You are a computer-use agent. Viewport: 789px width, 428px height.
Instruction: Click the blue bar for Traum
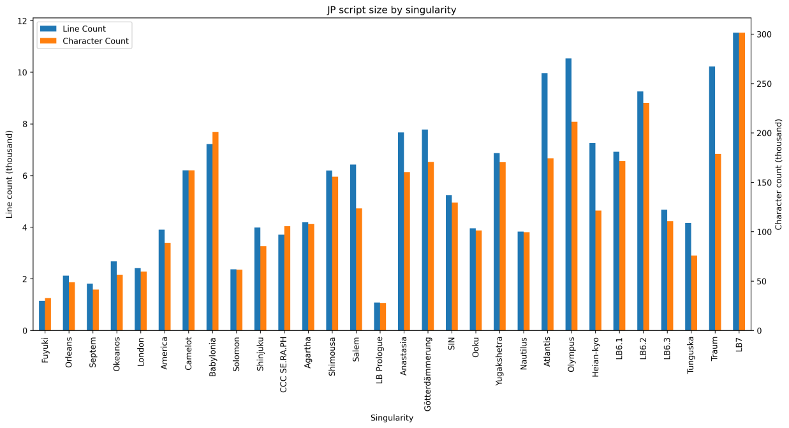[x=712, y=199]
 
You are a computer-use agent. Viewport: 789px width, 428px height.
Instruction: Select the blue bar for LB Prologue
[x=377, y=316]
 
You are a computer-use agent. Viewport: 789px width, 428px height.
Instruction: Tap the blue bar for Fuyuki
[x=42, y=316]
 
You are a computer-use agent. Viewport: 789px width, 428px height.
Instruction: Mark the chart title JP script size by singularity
[x=392, y=10]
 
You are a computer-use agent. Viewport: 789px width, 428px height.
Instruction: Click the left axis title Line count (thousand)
[x=10, y=174]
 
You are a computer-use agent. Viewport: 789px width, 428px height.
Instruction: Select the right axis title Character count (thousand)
[x=779, y=174]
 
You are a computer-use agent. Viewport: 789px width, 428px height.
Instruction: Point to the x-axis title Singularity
[x=392, y=418]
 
